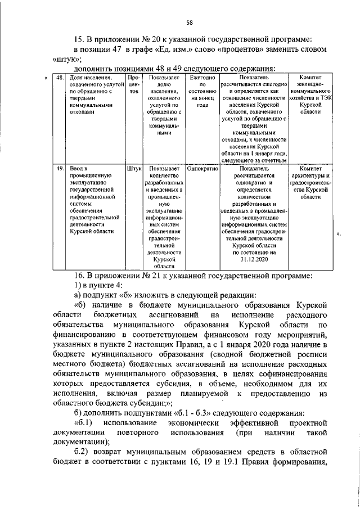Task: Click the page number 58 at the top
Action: pyautogui.click(x=190, y=22)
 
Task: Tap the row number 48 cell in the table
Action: pyautogui.click(x=60, y=76)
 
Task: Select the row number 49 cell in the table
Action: pyautogui.click(x=60, y=168)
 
